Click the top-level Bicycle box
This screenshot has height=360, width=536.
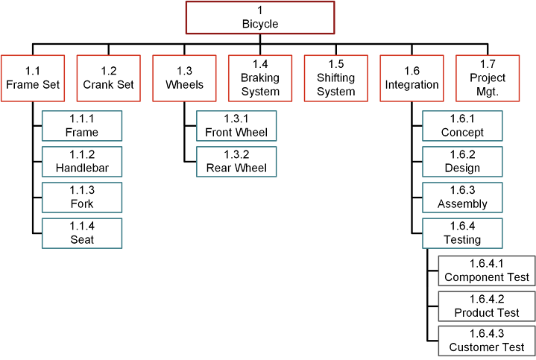[259, 18]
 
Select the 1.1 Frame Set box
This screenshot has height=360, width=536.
[33, 78]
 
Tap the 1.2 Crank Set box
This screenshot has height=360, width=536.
[109, 78]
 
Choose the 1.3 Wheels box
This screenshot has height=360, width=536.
[184, 78]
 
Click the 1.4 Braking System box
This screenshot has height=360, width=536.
[260, 78]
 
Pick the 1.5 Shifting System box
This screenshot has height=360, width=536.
[336, 78]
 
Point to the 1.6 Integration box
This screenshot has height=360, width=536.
[412, 78]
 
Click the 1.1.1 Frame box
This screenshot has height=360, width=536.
[82, 125]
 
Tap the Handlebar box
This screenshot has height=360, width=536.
[82, 161]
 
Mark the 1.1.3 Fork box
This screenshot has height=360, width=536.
[82, 197]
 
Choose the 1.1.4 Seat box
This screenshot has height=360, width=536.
[82, 233]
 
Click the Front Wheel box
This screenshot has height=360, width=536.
[236, 125]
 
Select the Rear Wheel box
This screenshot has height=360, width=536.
[236, 161]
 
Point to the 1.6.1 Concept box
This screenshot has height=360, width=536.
[462, 125]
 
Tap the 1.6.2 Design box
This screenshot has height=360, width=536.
[462, 161]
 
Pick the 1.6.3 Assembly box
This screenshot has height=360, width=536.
[462, 197]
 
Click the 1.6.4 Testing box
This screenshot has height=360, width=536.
[462, 233]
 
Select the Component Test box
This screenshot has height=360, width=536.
[487, 270]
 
